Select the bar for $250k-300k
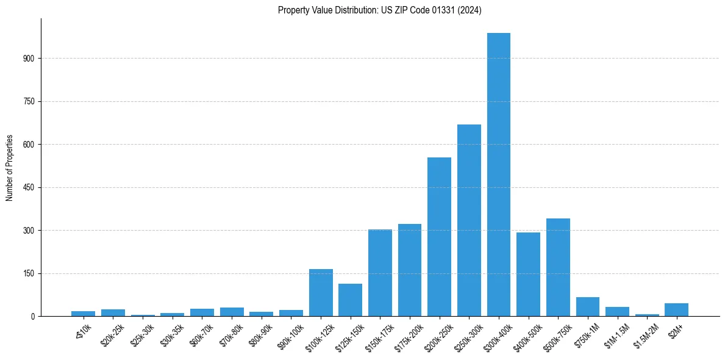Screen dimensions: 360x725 coord(469,220)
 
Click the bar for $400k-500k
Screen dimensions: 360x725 coord(528,274)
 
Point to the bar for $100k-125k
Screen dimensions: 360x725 coord(321,293)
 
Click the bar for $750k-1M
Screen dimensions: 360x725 coord(588,307)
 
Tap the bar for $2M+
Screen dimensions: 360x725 coord(676,310)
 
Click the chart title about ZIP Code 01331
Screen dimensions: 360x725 coord(379,10)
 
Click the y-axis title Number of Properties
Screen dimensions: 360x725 coord(10,168)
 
